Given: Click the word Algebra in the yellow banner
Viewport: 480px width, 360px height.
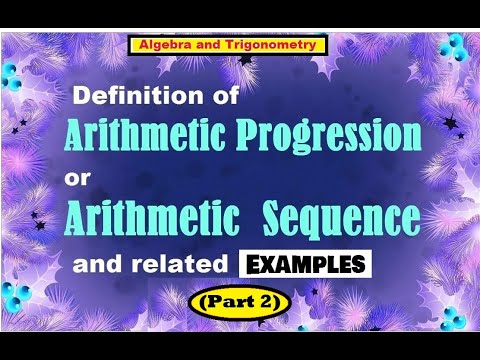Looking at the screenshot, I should coord(163,45).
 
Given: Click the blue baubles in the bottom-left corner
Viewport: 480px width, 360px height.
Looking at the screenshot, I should coord(20,297).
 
